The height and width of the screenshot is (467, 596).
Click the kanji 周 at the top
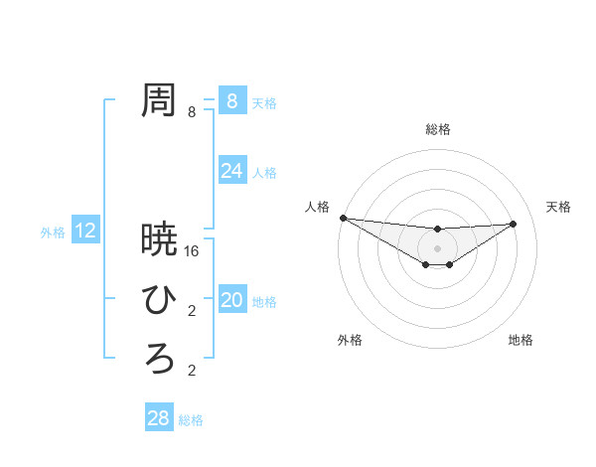click(x=159, y=99)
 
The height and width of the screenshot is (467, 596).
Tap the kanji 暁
click(x=159, y=238)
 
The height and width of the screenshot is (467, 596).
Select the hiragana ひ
click(x=159, y=298)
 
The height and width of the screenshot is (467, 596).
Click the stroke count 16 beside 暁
click(x=193, y=251)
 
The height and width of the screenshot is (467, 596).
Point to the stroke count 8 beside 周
click(x=192, y=112)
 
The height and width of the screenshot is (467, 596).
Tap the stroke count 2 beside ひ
click(x=192, y=311)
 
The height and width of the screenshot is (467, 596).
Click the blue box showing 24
click(x=231, y=171)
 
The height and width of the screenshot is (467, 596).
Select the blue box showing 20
click(x=231, y=300)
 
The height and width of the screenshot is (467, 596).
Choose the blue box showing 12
click(x=85, y=232)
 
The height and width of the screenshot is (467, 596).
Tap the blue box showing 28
click(x=158, y=418)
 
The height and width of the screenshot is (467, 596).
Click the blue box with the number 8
click(x=231, y=100)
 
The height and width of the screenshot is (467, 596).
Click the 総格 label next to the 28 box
click(x=191, y=420)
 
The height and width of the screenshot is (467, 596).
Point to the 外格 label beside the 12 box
click(x=53, y=233)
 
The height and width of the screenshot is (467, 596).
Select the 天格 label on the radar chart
click(x=559, y=207)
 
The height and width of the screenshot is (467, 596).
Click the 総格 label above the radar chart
click(x=437, y=129)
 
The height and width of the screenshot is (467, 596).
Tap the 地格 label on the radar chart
click(x=521, y=340)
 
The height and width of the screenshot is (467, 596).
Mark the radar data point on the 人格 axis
click(x=343, y=218)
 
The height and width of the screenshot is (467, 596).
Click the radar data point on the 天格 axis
click(x=514, y=224)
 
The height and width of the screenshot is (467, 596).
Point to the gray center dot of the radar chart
click(x=437, y=248)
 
